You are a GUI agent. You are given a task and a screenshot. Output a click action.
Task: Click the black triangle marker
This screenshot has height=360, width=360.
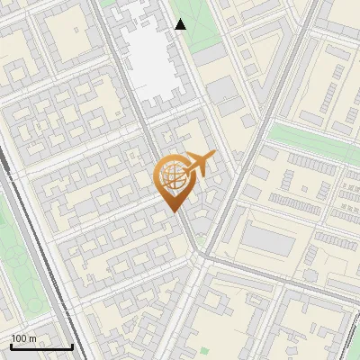(x=181, y=24)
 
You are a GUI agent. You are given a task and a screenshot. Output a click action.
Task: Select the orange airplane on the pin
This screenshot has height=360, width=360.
(x=199, y=164)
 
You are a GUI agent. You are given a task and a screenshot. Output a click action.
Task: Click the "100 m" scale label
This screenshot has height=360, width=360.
(x=24, y=338)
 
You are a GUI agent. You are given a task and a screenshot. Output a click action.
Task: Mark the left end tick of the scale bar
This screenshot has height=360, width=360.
(x=11, y=346)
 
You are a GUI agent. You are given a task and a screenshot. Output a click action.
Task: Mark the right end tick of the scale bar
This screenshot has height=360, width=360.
(x=72, y=346)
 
